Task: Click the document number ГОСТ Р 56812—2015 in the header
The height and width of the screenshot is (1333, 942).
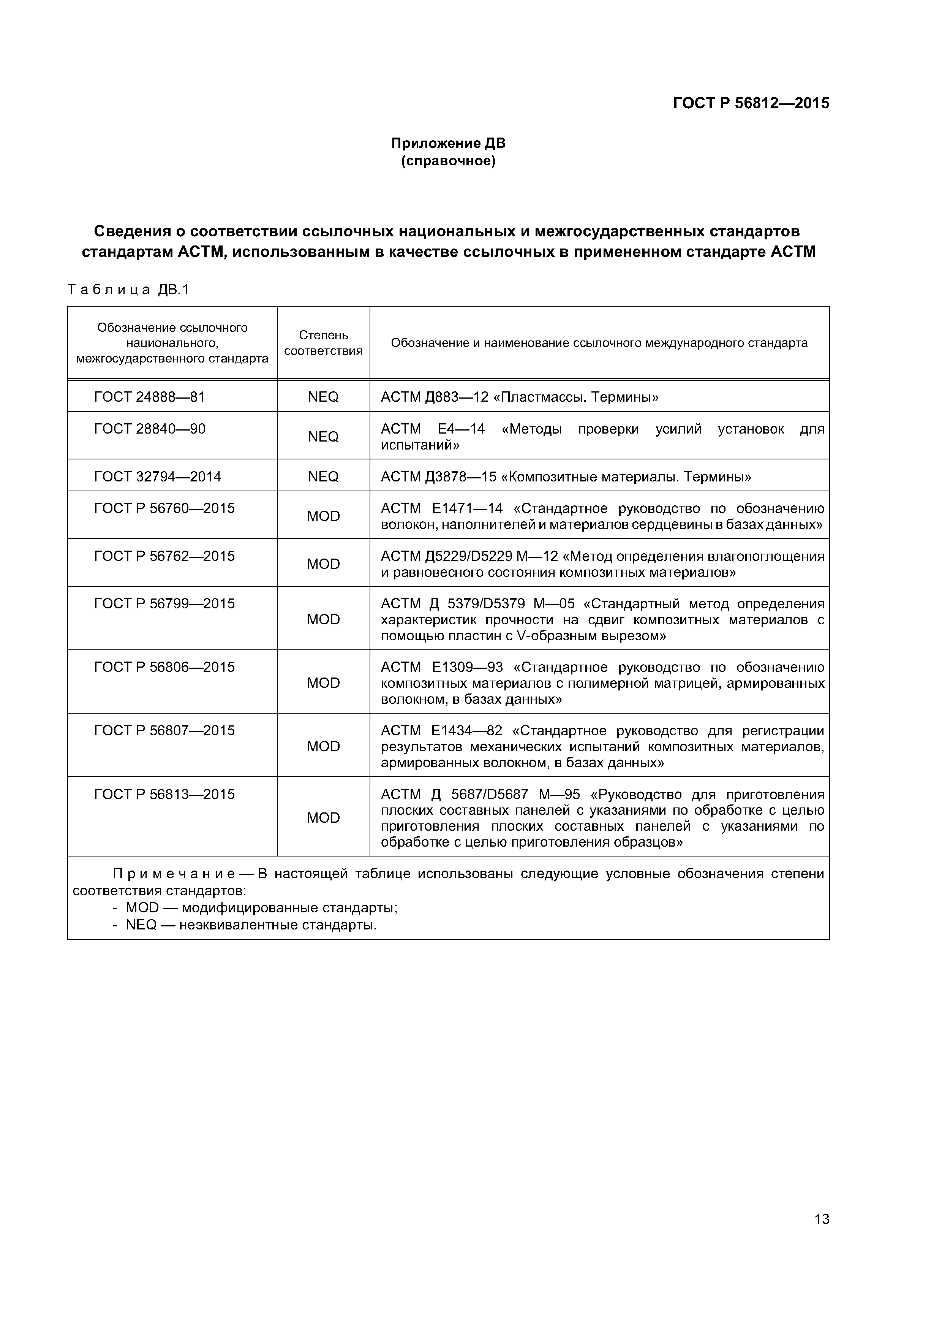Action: pyautogui.click(x=751, y=103)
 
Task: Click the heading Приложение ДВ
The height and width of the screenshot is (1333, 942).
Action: pyautogui.click(x=448, y=143)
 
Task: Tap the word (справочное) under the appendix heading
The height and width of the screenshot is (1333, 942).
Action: pyautogui.click(x=448, y=161)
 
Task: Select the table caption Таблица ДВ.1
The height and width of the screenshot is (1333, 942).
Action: pyautogui.click(x=128, y=289)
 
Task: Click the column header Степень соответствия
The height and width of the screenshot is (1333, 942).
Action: pyautogui.click(x=323, y=343)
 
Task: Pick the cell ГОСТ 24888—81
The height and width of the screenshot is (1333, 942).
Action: pyautogui.click(x=150, y=397)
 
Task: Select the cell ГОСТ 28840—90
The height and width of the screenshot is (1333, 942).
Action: pyautogui.click(x=150, y=429)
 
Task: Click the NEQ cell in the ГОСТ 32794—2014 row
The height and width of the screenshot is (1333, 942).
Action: pyautogui.click(x=323, y=477)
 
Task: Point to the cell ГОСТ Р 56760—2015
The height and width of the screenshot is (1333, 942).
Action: pyautogui.click(x=164, y=508)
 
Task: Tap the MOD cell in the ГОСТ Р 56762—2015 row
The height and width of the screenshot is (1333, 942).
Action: pyautogui.click(x=323, y=564)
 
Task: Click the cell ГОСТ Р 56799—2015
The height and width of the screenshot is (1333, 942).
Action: pyautogui.click(x=164, y=604)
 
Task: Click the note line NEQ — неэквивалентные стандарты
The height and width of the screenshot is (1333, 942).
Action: pyautogui.click(x=251, y=925)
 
